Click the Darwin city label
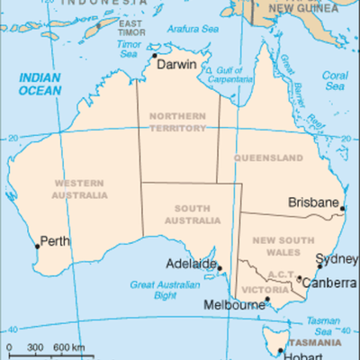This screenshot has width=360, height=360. pyautogui.click(x=175, y=65)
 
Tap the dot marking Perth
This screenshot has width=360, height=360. pyautogui.click(x=37, y=245)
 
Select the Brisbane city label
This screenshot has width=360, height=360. pyautogui.click(x=312, y=203)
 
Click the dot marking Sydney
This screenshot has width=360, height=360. pyautogui.click(x=319, y=266)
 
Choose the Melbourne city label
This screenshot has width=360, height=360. pyautogui.click(x=236, y=305)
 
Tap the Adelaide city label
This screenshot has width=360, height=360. pyautogui.click(x=191, y=265)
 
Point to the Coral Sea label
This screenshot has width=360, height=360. pyautogui.click(x=335, y=81)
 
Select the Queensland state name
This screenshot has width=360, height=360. pyautogui.click(x=268, y=157)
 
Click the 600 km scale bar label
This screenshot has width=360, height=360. pyautogui.click(x=68, y=347)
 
